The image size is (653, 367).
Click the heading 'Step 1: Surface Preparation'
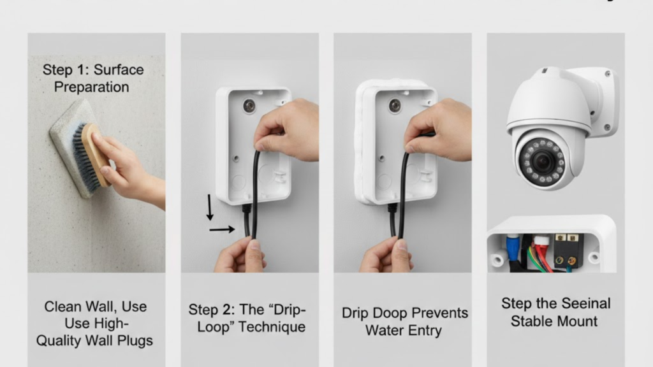tap(93, 78)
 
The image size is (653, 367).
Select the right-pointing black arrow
tap(222, 229)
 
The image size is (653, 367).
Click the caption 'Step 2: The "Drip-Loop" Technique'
tap(247, 319)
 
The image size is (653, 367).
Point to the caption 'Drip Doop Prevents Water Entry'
tap(404, 322)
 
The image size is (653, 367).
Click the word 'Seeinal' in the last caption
tap(582, 303)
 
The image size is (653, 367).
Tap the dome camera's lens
tap(542, 161)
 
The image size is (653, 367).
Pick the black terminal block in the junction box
tap(566, 250)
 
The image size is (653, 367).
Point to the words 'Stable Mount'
tap(554, 320)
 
